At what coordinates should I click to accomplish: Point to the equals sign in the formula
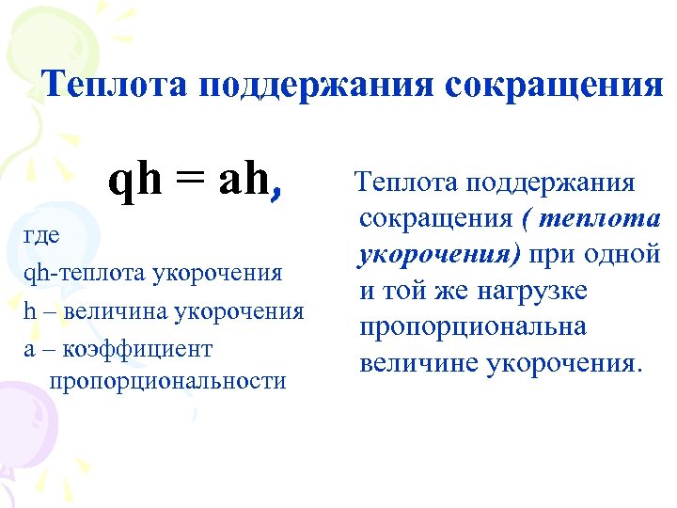(x=189, y=181)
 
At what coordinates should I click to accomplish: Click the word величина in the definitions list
(x=112, y=310)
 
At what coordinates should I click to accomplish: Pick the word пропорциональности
(x=168, y=380)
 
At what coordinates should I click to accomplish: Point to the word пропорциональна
(x=472, y=326)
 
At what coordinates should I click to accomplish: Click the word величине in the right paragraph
(x=417, y=362)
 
